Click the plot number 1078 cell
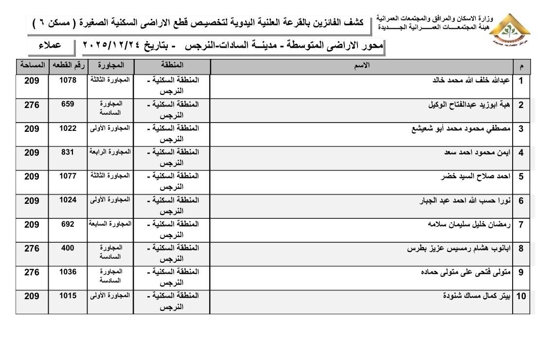coord(68,80)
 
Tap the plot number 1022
coord(68,128)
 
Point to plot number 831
coord(68,152)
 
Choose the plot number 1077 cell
coord(68,176)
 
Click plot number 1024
coord(68,199)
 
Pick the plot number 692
coord(68,224)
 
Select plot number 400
coord(68,248)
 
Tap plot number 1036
coord(68,272)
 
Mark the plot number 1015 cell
coord(68,295)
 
